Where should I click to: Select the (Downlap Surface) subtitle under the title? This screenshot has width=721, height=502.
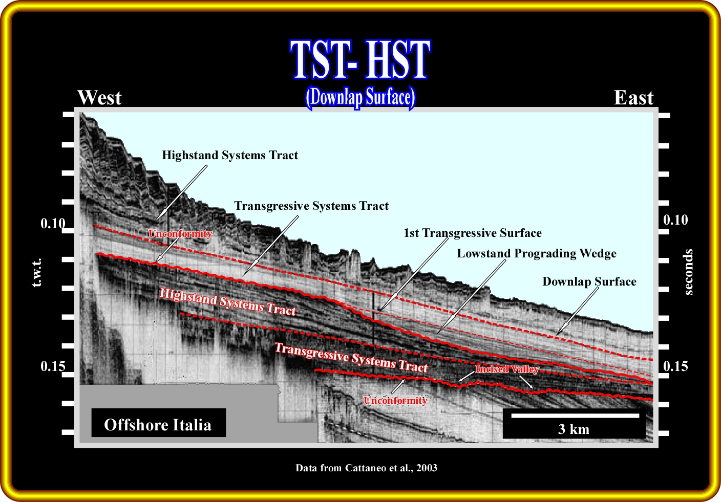360,97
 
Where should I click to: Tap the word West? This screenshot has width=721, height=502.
99,97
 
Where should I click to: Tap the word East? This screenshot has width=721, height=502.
633,97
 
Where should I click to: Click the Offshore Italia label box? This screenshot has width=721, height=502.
158,423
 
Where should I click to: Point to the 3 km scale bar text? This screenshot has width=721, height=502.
574,429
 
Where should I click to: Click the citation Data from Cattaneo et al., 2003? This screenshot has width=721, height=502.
366,468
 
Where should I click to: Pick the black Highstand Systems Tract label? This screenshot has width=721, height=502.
230,156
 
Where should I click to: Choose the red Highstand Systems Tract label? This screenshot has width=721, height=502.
227,301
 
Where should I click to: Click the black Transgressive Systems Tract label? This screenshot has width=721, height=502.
311,206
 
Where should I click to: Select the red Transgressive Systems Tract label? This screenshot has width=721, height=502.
351,357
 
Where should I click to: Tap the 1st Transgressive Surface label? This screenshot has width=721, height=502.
473,233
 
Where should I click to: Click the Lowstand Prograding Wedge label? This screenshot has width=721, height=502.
537,254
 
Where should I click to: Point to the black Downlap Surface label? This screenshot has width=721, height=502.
589,282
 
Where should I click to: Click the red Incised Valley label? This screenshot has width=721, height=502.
507,369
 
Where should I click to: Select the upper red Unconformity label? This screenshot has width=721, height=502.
180,233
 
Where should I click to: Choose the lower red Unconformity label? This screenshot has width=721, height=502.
395,400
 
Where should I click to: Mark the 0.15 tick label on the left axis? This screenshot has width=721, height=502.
53,366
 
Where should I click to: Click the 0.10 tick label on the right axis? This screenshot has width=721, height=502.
675,220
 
